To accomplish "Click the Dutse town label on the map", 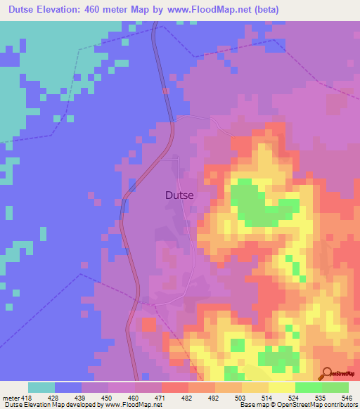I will pos(179,196).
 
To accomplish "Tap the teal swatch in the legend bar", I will pos(41,387).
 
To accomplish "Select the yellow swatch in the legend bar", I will pos(281,387).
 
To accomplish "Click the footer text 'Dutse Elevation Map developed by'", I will pos(52,405).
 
